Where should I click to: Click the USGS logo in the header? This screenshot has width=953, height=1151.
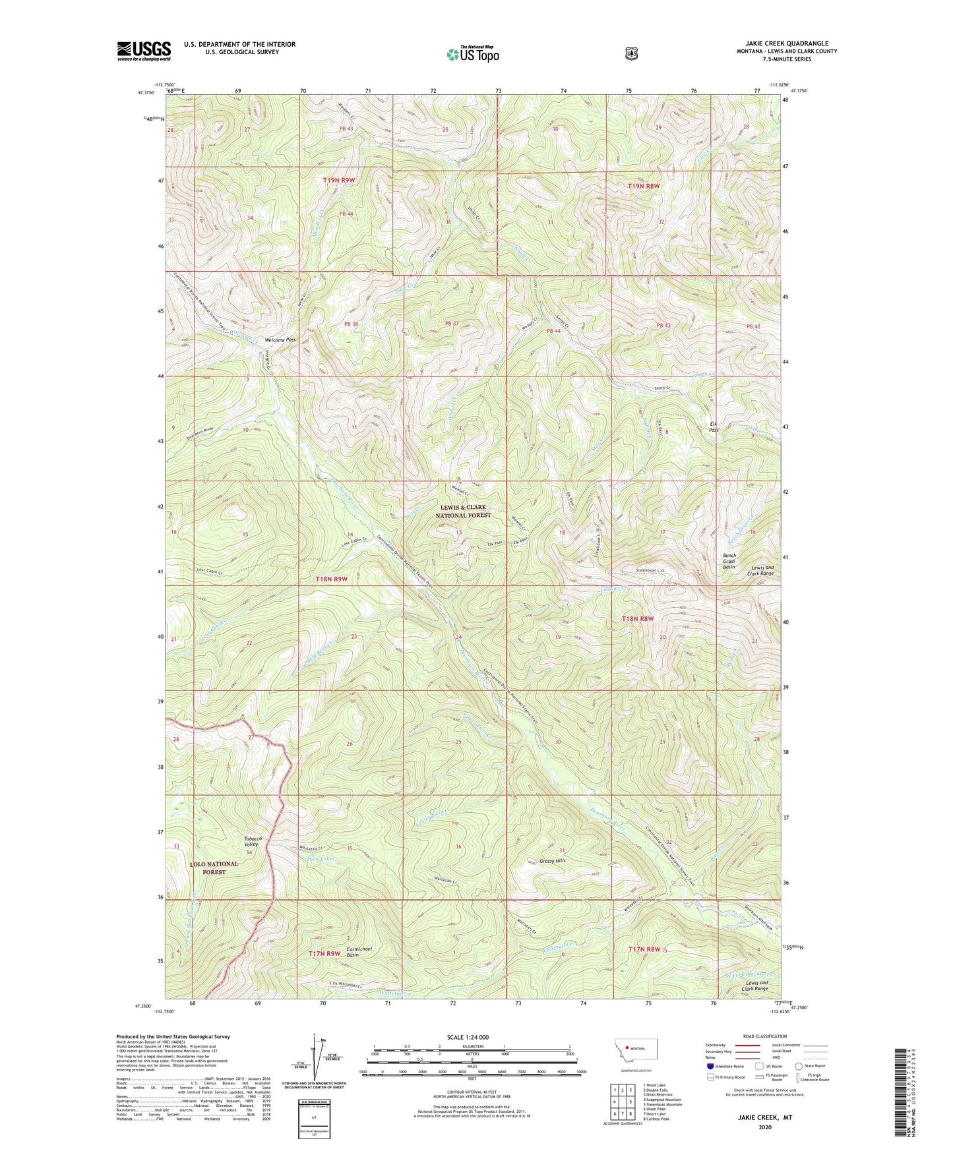[144, 51]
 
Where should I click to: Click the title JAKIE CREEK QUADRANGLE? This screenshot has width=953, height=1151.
[782, 44]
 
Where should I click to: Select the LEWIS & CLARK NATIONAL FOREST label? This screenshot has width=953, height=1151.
[465, 511]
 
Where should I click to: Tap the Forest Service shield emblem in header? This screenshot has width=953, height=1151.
[632, 53]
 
